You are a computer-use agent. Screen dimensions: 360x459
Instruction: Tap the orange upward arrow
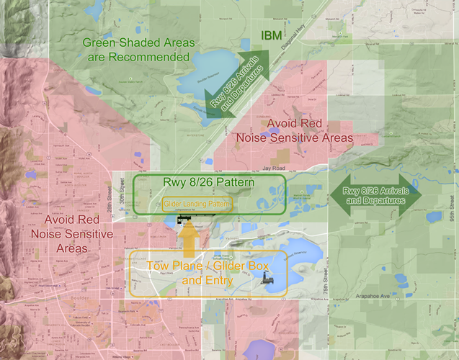(x=188, y=237)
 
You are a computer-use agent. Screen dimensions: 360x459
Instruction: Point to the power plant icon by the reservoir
(x=266, y=274)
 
